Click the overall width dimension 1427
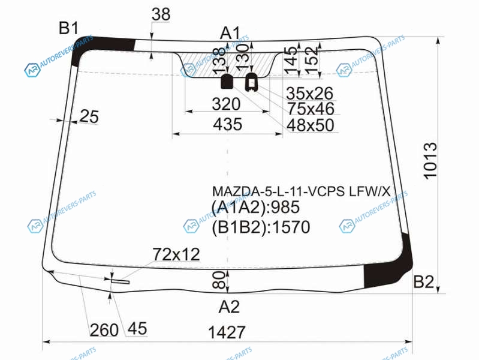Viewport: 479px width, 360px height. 227,332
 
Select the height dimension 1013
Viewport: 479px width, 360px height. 430,161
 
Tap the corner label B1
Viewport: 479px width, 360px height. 68,28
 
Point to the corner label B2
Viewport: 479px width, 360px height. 424,281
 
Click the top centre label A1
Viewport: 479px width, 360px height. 230,33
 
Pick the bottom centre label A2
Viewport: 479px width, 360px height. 229,307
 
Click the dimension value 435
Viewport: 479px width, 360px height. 228,124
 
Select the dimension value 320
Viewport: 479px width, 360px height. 226,104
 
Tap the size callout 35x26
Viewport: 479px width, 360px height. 310,93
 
